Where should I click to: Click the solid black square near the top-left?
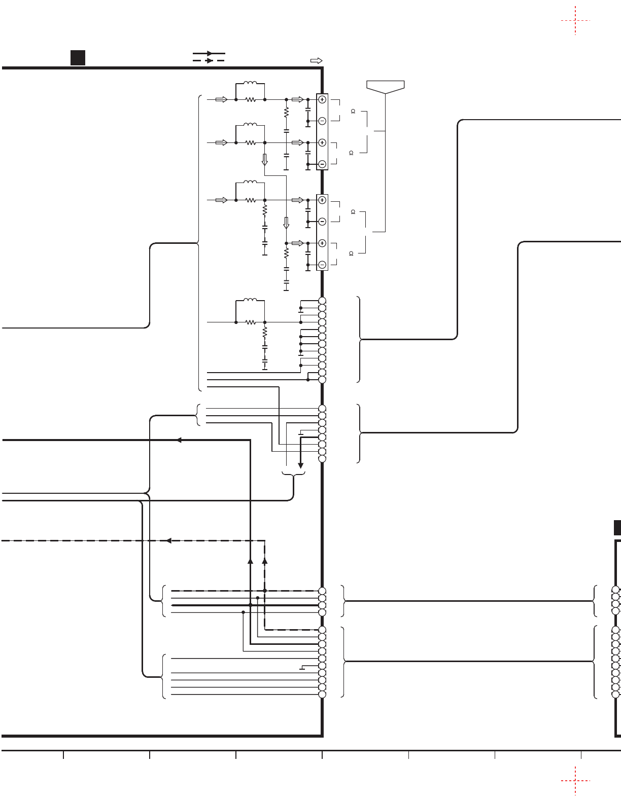click(78, 58)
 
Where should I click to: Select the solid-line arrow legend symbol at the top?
click(209, 53)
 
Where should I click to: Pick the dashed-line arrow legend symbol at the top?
click(209, 60)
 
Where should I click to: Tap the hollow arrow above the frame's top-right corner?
click(316, 60)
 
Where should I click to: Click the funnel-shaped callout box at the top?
click(386, 87)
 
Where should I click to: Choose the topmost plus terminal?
click(322, 100)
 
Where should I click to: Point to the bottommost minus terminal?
click(322, 265)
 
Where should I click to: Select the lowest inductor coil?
click(250, 301)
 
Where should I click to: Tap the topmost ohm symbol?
click(353, 111)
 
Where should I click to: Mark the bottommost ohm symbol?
click(351, 253)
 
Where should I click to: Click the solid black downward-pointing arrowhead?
click(300, 465)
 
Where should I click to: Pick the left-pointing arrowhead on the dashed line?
click(169, 540)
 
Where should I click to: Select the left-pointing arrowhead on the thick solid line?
click(179, 440)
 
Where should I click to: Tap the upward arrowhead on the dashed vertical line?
click(264, 561)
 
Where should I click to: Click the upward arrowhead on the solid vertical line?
click(250, 561)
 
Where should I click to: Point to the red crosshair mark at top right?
click(575, 21)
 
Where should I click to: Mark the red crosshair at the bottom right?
click(575, 781)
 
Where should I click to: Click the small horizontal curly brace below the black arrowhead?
click(294, 475)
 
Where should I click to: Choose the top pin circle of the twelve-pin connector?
click(322, 301)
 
